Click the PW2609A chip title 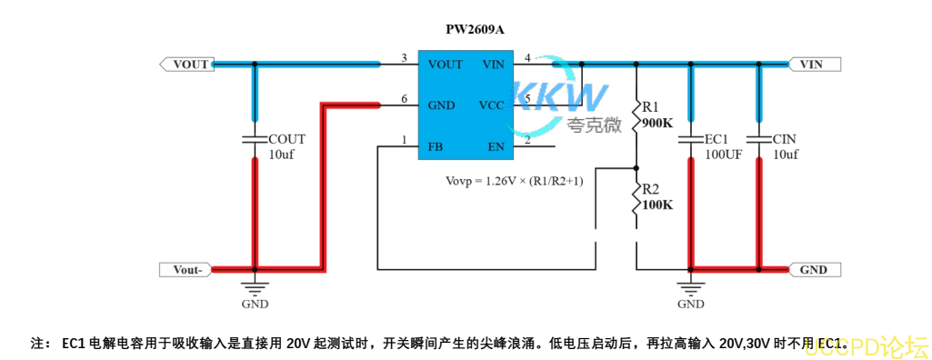coord(475,29)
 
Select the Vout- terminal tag coord(187,269)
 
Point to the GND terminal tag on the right coord(815,269)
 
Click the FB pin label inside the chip coord(436,145)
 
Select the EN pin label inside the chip coord(496,145)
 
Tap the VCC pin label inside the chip coord(491,105)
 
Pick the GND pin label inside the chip coord(441,105)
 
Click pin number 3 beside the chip coord(404,59)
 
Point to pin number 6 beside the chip coord(404,99)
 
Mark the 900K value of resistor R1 coord(657,122)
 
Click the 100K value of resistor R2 coord(657,205)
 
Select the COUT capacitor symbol coord(254,140)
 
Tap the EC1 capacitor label coord(717,139)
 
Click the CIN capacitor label coord(784,139)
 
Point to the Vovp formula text coord(514,181)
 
